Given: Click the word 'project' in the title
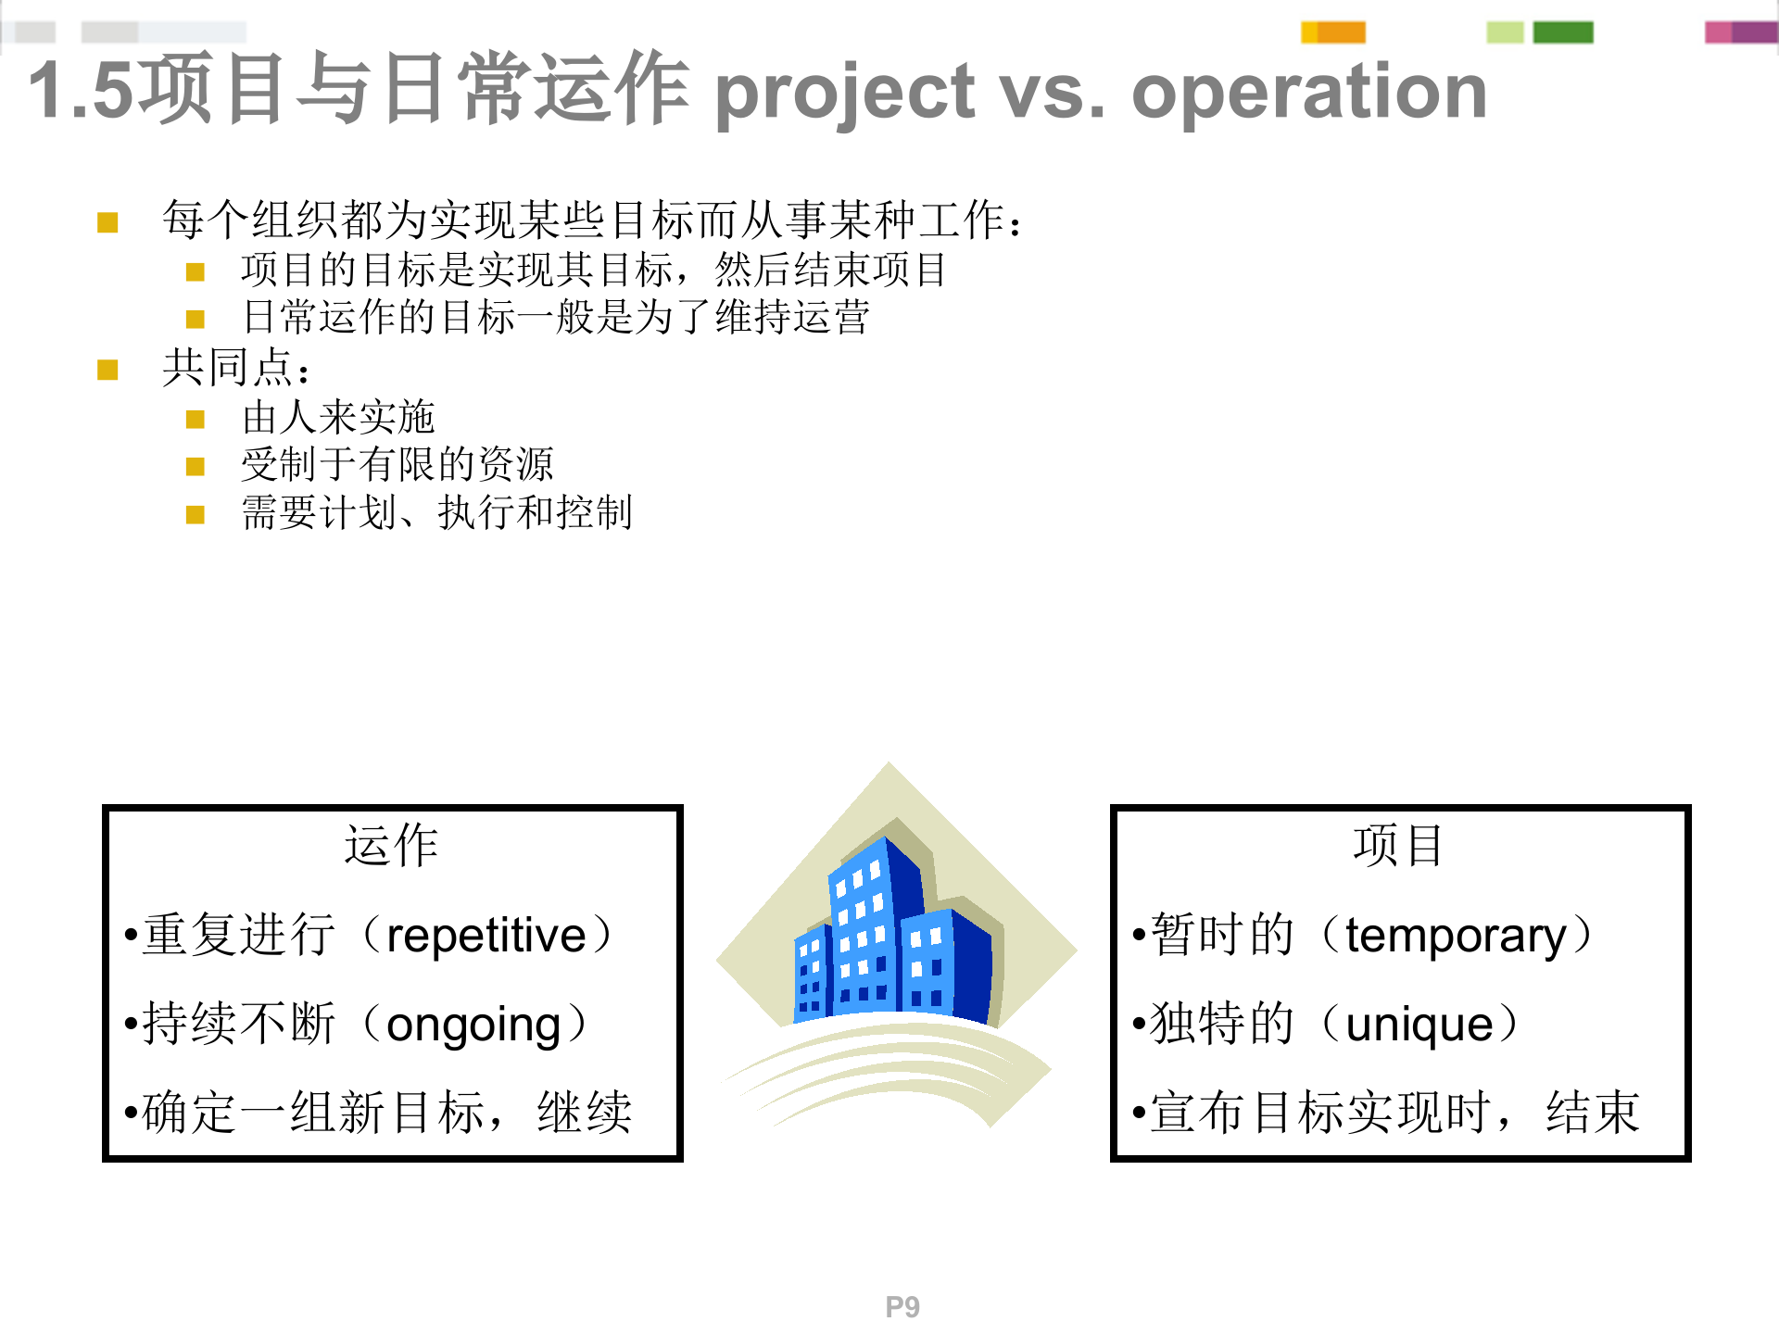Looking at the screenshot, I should pyautogui.click(x=844, y=93).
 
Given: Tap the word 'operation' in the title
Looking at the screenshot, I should pyautogui.click(x=1308, y=93).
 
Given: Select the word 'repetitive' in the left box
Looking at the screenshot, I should pyautogui.click(x=486, y=936).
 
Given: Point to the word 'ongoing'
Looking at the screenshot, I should pyautogui.click(x=473, y=1025).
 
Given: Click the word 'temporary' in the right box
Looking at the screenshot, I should pyautogui.click(x=1456, y=936).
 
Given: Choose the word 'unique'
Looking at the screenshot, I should pyautogui.click(x=1419, y=1025).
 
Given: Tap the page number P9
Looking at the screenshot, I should pyautogui.click(x=902, y=1306).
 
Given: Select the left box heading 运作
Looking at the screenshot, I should pyautogui.click(x=391, y=846).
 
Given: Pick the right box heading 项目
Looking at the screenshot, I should pyautogui.click(x=1398, y=846).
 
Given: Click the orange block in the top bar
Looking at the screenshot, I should pyautogui.click(x=1341, y=32).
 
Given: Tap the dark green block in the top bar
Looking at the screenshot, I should pyautogui.click(x=1563, y=32).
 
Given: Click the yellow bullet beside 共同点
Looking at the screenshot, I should pyautogui.click(x=107, y=371).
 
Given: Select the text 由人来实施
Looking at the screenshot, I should pyautogui.click(x=338, y=418).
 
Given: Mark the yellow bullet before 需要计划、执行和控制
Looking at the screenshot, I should pyautogui.click(x=195, y=514).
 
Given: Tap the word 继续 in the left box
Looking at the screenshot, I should pyautogui.click(x=585, y=1113).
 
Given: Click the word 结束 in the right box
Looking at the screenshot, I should pyautogui.click(x=1592, y=1113).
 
